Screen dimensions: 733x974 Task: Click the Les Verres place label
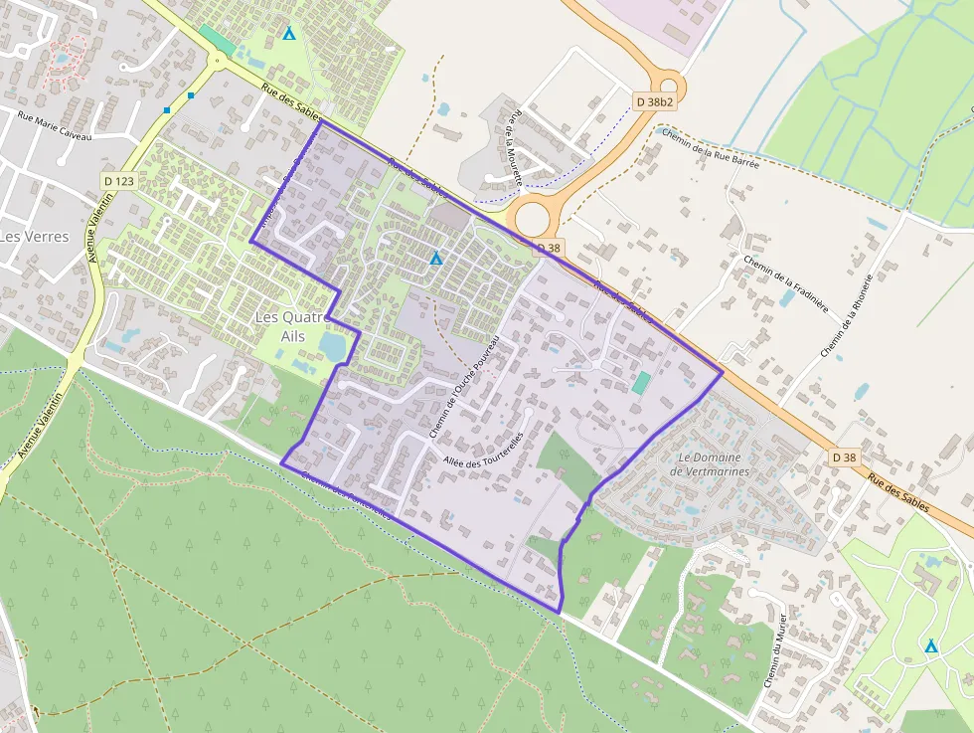(35, 237)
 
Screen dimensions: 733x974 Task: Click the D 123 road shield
(118, 181)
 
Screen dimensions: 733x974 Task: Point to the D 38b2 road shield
(654, 101)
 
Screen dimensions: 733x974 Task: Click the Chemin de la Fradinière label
(786, 282)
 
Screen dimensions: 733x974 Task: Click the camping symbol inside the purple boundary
(435, 260)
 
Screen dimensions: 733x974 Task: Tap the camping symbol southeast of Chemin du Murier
(931, 646)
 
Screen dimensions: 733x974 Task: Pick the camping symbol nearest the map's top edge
(289, 34)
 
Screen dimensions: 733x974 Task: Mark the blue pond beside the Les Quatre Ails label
(333, 346)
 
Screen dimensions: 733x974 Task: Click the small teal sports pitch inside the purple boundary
(641, 382)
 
